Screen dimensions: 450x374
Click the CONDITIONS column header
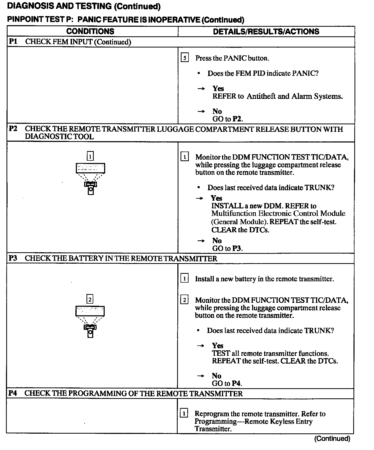[90, 31]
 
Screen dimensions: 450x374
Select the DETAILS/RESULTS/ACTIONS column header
[266, 32]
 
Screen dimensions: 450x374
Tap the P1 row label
[13, 42]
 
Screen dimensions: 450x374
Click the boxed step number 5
[185, 58]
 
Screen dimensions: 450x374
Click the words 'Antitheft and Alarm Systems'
[295, 96]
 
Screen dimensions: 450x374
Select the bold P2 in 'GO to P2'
[237, 119]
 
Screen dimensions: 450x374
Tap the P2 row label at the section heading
[13, 129]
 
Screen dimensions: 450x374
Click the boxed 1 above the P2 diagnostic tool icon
[90, 156]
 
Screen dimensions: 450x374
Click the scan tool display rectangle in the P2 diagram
[90, 168]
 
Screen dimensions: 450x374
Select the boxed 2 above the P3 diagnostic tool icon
[90, 299]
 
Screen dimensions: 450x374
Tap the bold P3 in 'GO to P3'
[237, 248]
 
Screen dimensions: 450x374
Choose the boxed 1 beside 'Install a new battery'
[184, 279]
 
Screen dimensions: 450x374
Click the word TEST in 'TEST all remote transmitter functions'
[221, 353]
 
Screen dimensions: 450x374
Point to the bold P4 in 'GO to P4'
[237, 383]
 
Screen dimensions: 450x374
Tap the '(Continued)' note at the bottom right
[332, 439]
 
